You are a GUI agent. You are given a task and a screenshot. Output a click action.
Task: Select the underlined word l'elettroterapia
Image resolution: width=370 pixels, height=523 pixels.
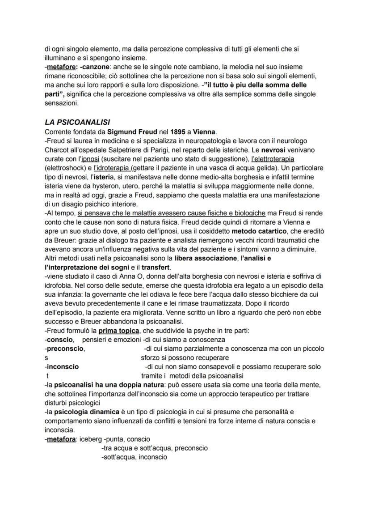[x=272, y=159]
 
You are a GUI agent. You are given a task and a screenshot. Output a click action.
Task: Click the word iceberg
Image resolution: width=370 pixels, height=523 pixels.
[x=90, y=439]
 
